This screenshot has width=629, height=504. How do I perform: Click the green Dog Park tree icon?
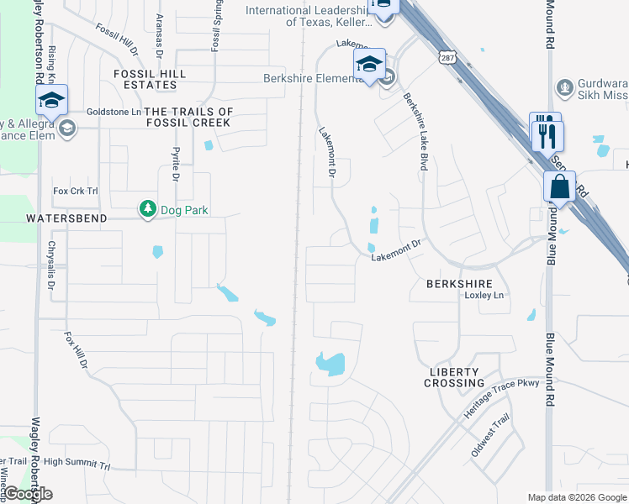pos(148,208)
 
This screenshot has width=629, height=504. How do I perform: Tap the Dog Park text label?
pos(187,209)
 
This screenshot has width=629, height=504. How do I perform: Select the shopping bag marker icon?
pos(559,187)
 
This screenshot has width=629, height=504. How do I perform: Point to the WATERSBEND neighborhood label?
pos(66,218)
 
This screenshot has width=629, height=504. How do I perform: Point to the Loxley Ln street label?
pos(484,296)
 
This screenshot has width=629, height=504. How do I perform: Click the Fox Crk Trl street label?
pos(76,192)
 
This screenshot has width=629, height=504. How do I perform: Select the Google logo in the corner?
pos(28,494)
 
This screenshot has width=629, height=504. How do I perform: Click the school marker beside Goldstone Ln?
pos(51,101)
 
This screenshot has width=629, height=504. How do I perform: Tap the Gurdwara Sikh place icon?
pos(564,87)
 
